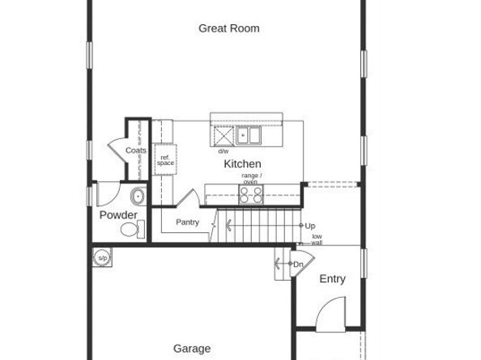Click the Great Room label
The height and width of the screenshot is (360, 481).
click(229, 28)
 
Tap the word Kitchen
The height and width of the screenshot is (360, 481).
click(243, 164)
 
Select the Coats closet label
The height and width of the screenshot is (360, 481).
click(136, 150)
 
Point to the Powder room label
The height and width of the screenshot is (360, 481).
click(118, 215)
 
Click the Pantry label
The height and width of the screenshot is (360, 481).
click(187, 222)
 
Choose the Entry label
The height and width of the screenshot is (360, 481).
click(332, 279)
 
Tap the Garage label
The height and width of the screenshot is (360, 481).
click(192, 349)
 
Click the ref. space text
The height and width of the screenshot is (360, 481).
click(165, 160)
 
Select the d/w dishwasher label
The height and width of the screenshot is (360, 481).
click(223, 151)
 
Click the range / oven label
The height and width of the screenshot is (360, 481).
click(251, 179)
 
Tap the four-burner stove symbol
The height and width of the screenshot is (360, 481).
click(251, 193)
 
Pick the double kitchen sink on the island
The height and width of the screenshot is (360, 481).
click(248, 135)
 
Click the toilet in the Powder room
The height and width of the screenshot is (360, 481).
click(131, 230)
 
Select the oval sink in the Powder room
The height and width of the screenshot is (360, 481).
click(138, 196)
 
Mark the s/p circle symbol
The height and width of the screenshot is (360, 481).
click(102, 258)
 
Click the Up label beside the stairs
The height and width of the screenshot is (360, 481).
click(310, 226)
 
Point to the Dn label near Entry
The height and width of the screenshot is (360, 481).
click(298, 265)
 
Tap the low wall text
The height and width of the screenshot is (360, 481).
click(317, 239)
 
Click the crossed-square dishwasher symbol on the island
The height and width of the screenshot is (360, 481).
click(222, 135)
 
